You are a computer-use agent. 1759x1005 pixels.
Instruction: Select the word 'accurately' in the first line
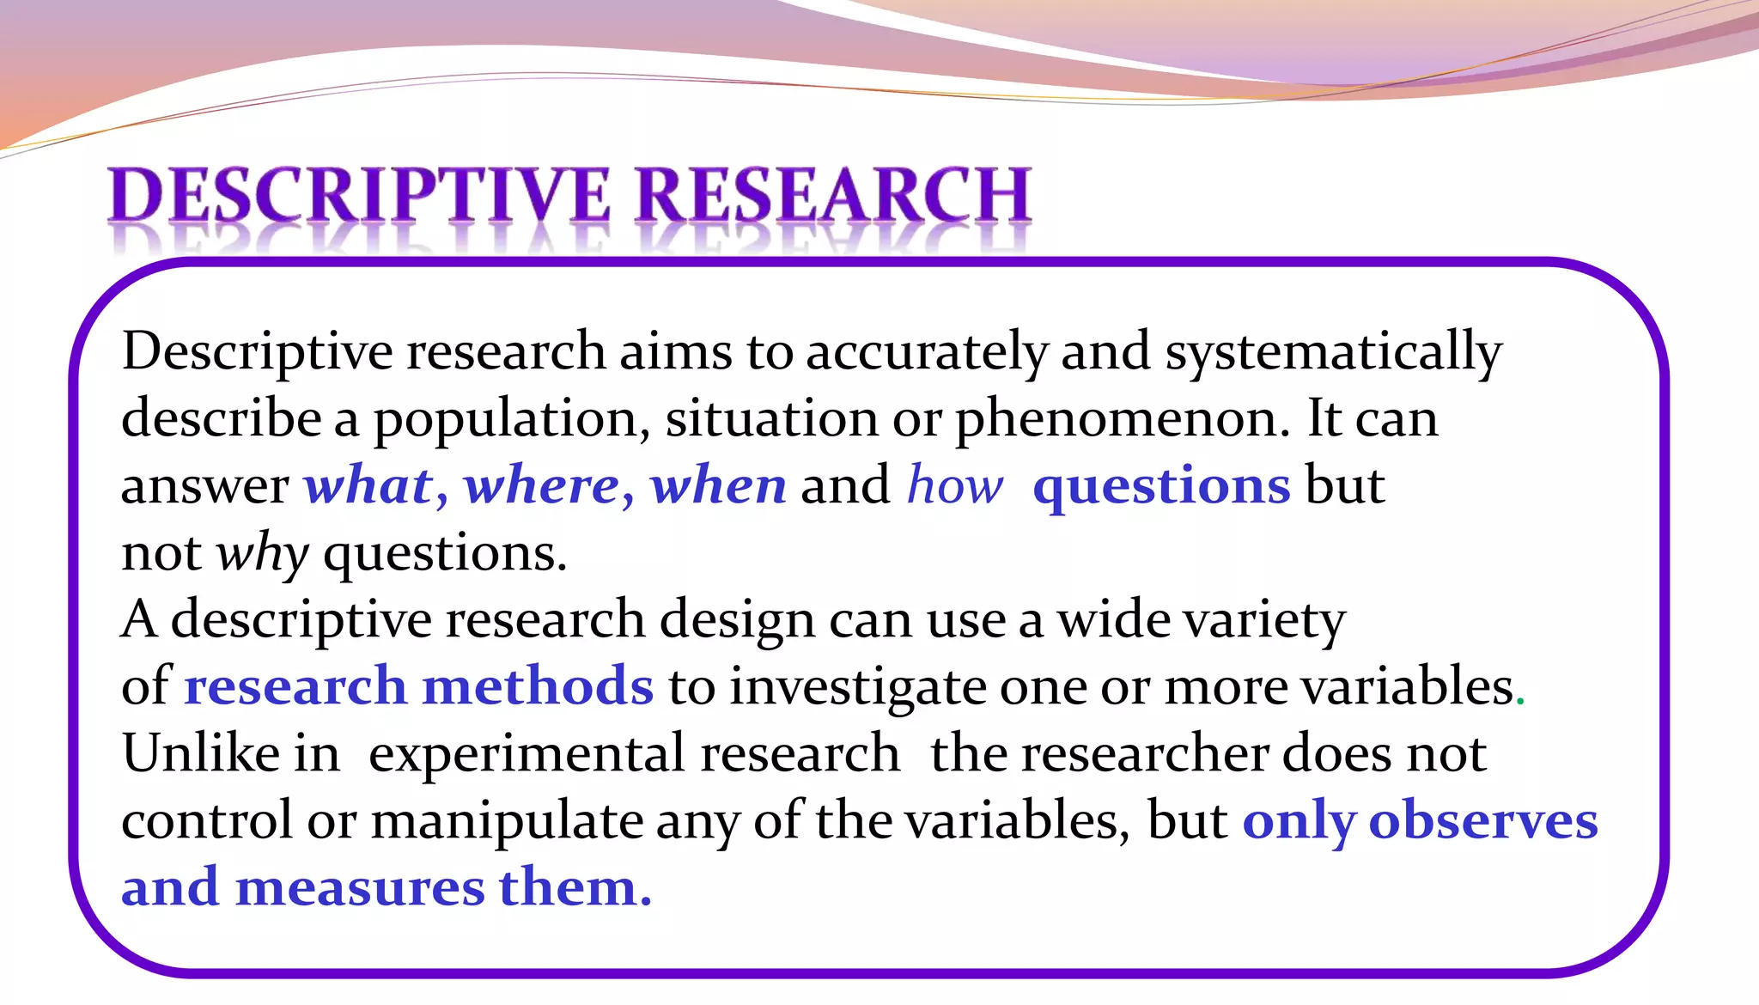[x=927, y=351]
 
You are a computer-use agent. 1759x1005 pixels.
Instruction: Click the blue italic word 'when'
[x=718, y=485]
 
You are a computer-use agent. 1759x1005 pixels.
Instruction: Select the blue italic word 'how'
[x=954, y=485]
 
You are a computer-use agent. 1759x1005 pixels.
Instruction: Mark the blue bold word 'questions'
[x=1161, y=487]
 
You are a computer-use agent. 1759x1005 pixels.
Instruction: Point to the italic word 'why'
[x=262, y=553]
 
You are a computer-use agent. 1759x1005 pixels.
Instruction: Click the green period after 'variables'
[x=1520, y=703]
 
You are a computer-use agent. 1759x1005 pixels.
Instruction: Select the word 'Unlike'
[x=201, y=753]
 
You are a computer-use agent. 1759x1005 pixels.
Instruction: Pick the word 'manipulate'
[x=507, y=821]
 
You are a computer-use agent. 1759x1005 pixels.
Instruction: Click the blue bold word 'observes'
[x=1483, y=820]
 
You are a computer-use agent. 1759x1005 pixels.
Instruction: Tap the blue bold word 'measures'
[x=360, y=888]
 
